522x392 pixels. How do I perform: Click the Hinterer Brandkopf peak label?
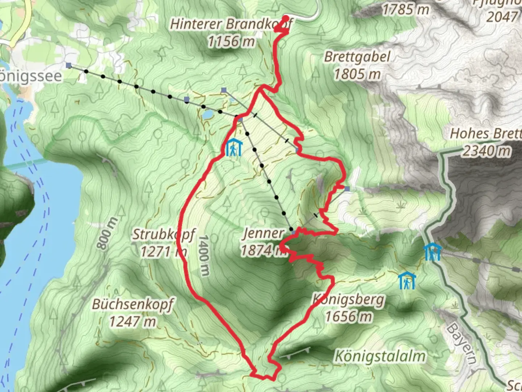point(231,24)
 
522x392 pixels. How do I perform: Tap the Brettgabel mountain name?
point(357,57)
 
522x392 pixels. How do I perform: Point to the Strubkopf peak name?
point(163,234)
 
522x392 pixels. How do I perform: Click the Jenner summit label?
point(263,233)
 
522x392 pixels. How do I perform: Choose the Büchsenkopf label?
point(132,304)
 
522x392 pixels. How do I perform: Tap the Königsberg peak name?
point(348,300)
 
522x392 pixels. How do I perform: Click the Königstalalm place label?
point(380,356)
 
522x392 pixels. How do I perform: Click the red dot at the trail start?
point(286,18)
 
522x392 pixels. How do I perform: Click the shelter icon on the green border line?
point(432,252)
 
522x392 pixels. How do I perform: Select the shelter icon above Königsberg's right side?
point(407,281)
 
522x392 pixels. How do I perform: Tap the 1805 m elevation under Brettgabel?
point(357,74)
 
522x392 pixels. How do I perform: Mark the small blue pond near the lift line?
point(208,115)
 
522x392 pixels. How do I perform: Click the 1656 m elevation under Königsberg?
point(348,317)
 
